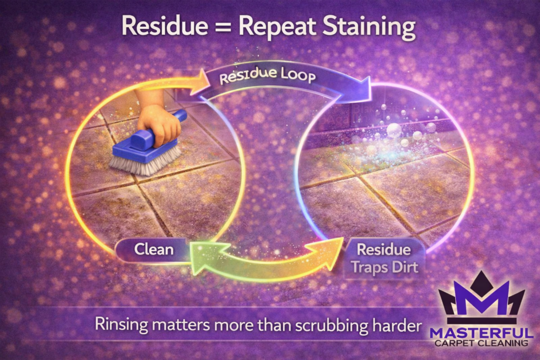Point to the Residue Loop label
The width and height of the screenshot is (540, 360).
(x=267, y=77)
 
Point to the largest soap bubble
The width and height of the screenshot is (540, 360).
(x=394, y=130)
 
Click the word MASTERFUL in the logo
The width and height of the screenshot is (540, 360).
(x=481, y=333)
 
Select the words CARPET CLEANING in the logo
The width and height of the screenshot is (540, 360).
(x=481, y=343)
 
